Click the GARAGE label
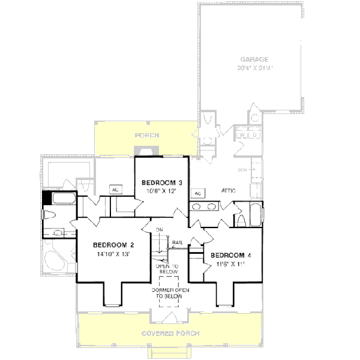pos(254,59)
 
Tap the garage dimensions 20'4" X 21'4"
pos(254,68)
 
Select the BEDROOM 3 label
pos(161,182)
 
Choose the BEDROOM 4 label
pos(231,254)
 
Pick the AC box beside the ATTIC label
pos(197,193)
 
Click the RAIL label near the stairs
pos(178,243)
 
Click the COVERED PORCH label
pos(170,333)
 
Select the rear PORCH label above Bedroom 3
pos(145,136)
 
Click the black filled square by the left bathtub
pos(47,198)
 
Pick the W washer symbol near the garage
pos(241,136)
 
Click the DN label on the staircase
pos(160,230)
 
